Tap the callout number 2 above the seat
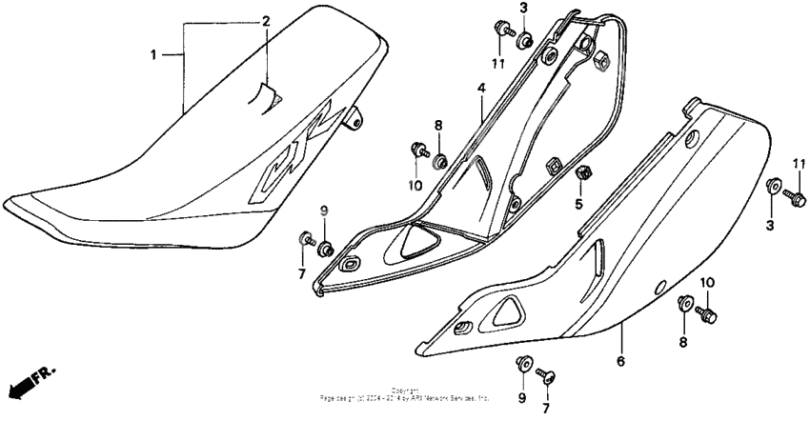267,20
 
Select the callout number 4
481,90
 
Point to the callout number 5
577,204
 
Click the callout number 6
620,361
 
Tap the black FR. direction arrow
29,379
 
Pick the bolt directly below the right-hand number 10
706,311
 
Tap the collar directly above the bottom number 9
522,362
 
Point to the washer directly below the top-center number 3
523,40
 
